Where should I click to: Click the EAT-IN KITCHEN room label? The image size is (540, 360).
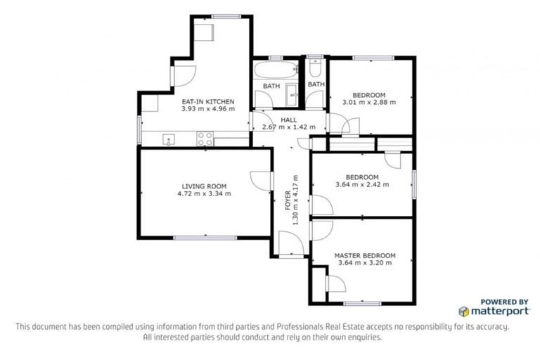[207, 102]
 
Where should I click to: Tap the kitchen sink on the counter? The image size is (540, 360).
[169, 139]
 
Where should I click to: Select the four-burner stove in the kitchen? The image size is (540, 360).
[205, 139]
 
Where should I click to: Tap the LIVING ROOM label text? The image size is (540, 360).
[205, 186]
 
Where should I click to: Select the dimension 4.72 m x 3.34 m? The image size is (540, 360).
[205, 194]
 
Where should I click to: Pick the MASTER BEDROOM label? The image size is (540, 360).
[364, 255]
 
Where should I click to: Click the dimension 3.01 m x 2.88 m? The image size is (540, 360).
[368, 103]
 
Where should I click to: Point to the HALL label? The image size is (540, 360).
[288, 120]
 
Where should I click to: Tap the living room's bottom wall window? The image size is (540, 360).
[205, 238]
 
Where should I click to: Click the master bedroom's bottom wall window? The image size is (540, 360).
[363, 303]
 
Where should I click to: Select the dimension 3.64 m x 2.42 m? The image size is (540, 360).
[362, 185]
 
